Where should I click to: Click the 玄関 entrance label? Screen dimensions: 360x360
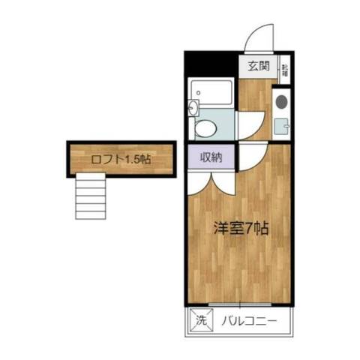click(259, 66)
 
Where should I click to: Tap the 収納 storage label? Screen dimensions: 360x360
click(210, 157)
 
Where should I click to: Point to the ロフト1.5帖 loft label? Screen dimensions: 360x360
click(121, 158)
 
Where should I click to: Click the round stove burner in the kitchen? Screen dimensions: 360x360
click(282, 101)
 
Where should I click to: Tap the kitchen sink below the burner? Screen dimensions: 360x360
click(282, 125)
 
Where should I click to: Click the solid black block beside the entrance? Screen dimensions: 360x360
click(212, 63)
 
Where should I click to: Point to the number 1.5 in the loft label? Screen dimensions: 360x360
click(133, 158)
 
